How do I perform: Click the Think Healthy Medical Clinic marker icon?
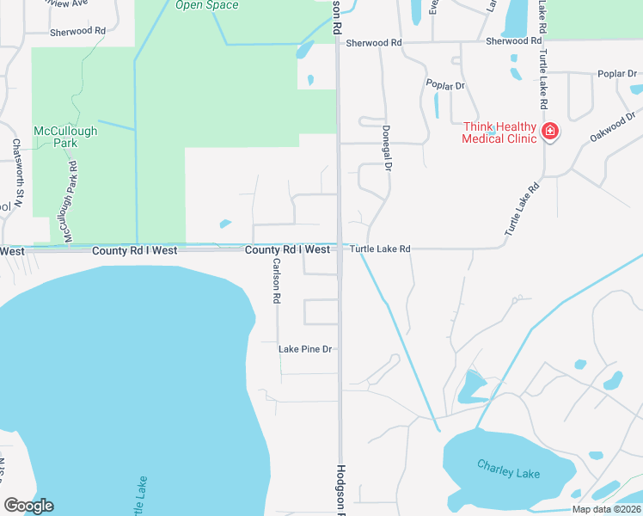(549, 132)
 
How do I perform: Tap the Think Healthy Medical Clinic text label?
(499, 132)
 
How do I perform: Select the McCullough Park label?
(65, 137)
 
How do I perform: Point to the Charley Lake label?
(509, 469)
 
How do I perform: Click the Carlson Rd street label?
(277, 280)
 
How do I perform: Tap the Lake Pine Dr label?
(304, 349)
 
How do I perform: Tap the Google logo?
(28, 506)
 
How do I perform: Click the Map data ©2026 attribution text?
(606, 509)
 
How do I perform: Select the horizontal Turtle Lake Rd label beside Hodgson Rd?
(379, 249)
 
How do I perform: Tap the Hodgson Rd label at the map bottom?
(340, 490)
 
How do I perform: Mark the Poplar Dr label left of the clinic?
(445, 86)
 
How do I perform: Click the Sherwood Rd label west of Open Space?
(77, 30)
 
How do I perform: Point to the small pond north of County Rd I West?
(225, 224)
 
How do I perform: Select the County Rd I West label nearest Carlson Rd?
(287, 249)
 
